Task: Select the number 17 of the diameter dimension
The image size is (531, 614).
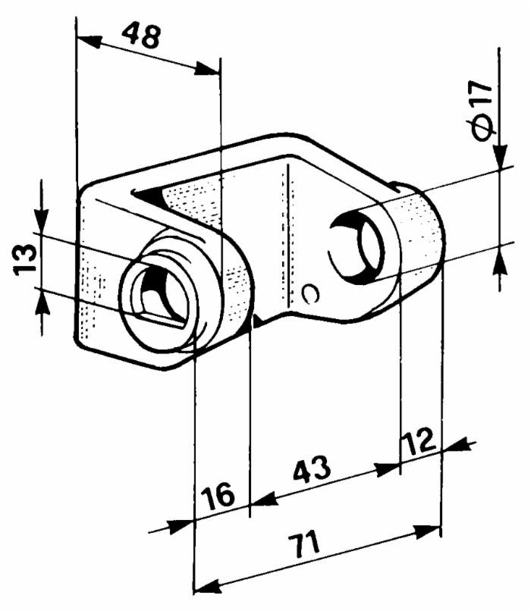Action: pos(482,95)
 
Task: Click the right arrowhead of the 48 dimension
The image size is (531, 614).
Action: pos(208,70)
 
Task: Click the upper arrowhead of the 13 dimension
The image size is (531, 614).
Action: pos(42,220)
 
